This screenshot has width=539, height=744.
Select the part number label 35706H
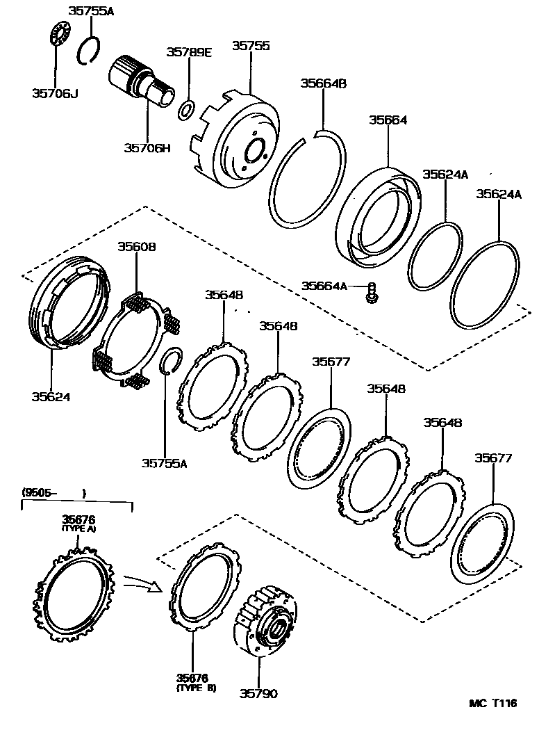[x=147, y=147]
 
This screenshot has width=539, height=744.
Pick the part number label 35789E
[x=188, y=52]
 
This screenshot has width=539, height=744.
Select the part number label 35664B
[x=323, y=83]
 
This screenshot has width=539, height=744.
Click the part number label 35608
[x=136, y=246]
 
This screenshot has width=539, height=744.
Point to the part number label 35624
[x=51, y=397]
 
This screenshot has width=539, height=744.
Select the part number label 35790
[x=259, y=693]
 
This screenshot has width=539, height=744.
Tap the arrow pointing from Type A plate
[x=142, y=583]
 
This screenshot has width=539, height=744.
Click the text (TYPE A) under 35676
[x=78, y=528]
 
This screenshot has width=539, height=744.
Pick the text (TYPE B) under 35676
[x=196, y=688]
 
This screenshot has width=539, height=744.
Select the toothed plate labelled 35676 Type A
[x=73, y=595]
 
